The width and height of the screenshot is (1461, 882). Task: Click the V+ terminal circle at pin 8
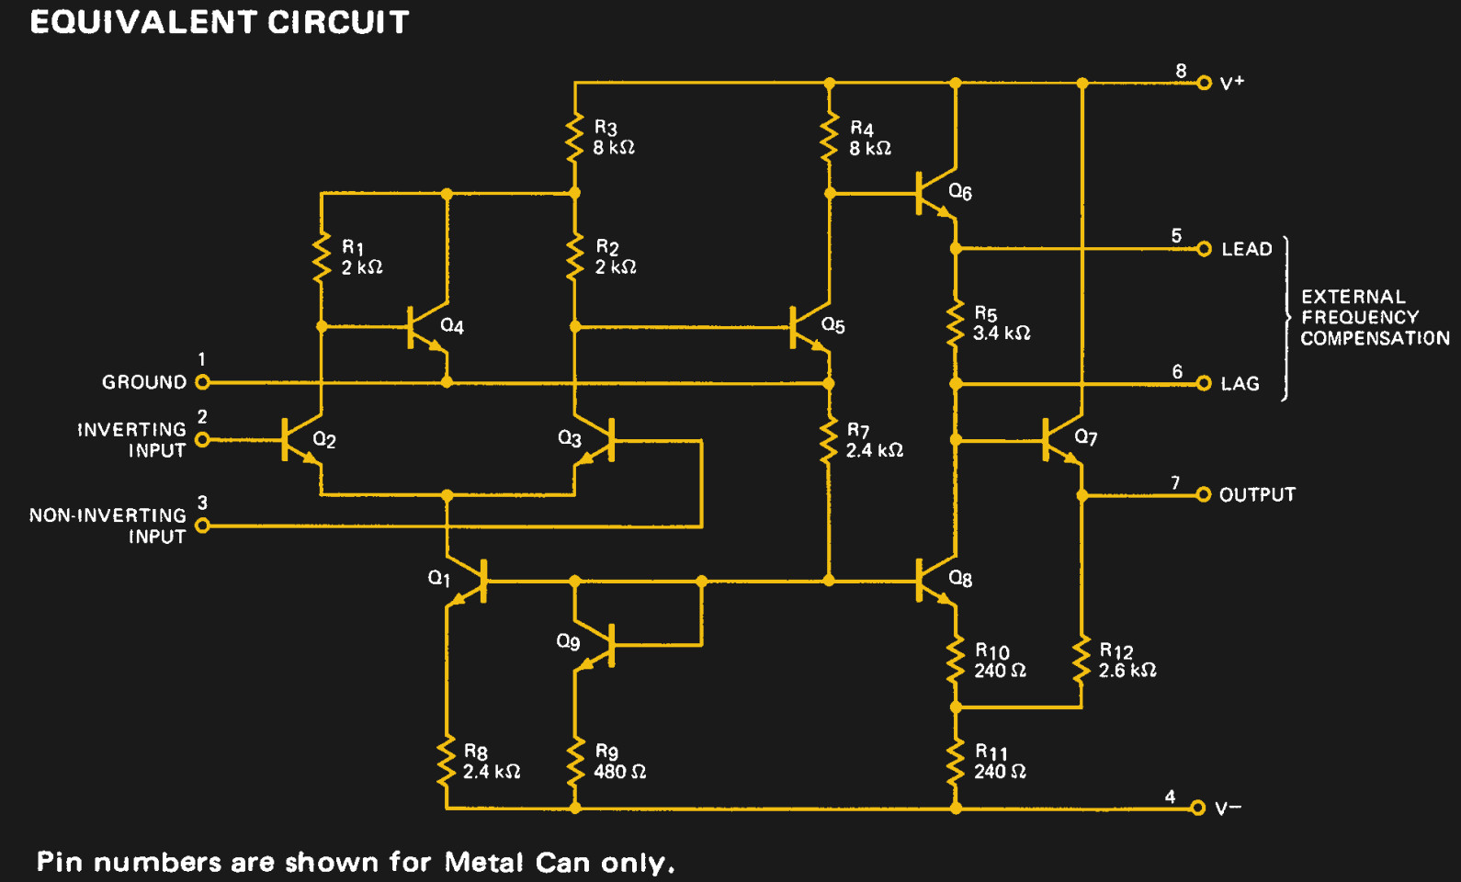(x=1204, y=83)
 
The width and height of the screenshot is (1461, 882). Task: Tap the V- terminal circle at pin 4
(x=1197, y=808)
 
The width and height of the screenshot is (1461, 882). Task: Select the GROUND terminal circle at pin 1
(x=203, y=382)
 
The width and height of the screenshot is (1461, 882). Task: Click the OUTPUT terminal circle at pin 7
(x=1204, y=495)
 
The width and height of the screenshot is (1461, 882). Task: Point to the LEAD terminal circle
(x=1204, y=249)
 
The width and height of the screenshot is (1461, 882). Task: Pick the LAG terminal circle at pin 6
(x=1204, y=384)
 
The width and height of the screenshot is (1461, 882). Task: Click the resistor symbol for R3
(x=575, y=138)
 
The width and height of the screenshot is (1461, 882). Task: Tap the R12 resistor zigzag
(x=1082, y=661)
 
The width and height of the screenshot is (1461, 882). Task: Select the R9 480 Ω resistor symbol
(x=575, y=761)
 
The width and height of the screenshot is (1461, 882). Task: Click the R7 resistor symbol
(x=829, y=441)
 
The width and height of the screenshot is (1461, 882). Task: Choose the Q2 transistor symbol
(x=299, y=440)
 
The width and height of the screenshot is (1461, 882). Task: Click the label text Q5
(x=832, y=325)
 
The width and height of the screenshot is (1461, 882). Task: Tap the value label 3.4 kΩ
(x=1002, y=334)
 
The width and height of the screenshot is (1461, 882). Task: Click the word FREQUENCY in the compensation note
(x=1360, y=317)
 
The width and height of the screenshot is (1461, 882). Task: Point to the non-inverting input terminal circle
(x=203, y=526)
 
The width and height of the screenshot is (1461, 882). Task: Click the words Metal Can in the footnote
(x=517, y=863)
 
